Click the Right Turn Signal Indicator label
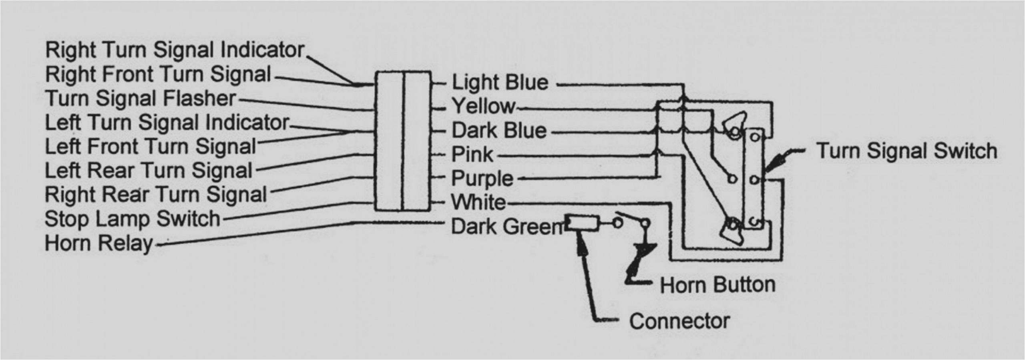point(175,50)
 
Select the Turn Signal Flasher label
point(141,99)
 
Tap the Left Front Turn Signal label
point(151,147)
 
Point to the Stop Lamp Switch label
point(133,219)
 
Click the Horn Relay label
point(99,243)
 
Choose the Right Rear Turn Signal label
point(156,195)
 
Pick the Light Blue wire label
point(500,82)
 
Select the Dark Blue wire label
point(499,131)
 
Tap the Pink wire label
point(472,155)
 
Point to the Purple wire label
point(482,179)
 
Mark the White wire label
point(479,203)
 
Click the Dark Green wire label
point(507,227)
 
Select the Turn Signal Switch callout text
point(907,151)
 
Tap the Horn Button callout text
point(717,285)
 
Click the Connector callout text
point(679,321)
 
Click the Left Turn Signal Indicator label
point(167,123)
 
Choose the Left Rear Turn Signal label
point(149,171)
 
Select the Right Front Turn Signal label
point(158,75)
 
